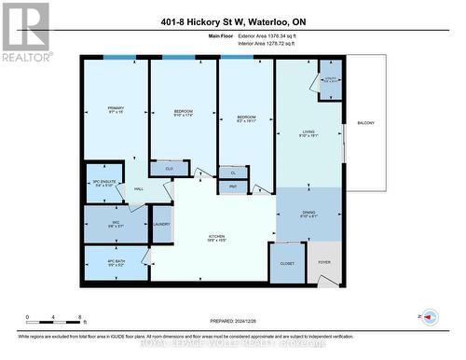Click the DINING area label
pyautogui.click(x=308, y=214)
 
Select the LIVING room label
pyautogui.click(x=308, y=132)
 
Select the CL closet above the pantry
pyautogui.click(x=233, y=173)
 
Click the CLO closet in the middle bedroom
pyautogui.click(x=169, y=169)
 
